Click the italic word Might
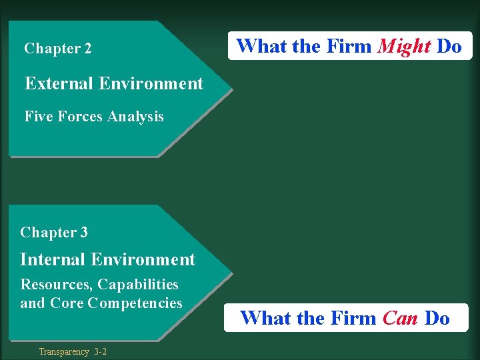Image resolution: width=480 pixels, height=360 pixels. [404, 47]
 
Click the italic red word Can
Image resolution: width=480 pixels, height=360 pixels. [400, 318]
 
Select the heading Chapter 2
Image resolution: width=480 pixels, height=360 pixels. [58, 49]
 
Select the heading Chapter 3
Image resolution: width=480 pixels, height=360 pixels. [54, 233]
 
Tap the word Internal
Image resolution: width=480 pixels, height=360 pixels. [53, 259]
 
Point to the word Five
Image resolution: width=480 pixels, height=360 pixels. [39, 117]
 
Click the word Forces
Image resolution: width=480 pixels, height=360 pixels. [80, 117]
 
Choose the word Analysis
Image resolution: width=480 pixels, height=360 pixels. [135, 117]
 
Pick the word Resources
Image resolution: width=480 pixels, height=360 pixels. [57, 285]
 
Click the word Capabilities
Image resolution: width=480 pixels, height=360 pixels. [138, 285]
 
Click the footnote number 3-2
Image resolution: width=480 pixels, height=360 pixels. [100, 351]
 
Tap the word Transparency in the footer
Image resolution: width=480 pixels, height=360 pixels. [63, 351]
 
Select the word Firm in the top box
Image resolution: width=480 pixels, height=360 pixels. [349, 47]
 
